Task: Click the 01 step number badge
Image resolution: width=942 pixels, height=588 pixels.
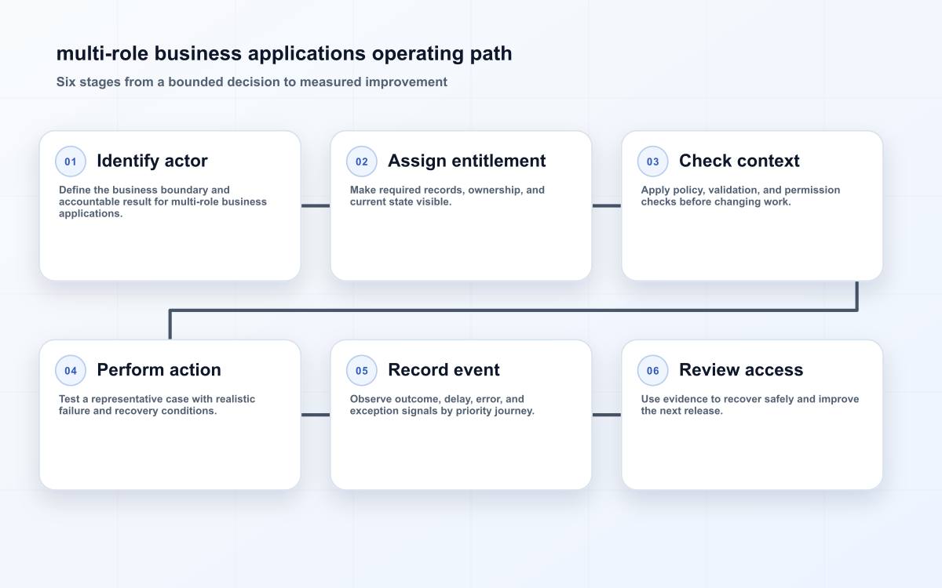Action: [x=71, y=162]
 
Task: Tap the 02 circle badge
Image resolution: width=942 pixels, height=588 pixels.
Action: [x=362, y=162]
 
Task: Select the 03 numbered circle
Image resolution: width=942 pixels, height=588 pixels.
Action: [x=652, y=162]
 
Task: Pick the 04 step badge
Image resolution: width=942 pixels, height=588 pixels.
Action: [x=71, y=370]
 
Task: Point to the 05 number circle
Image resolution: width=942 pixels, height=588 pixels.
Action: [x=362, y=370]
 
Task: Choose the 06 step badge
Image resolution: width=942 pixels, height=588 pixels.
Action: [x=652, y=370]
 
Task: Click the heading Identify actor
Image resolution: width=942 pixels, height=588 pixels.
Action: [x=152, y=161]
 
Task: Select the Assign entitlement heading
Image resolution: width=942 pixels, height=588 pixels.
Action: [x=467, y=161]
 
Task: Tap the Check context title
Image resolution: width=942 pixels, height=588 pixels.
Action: [x=739, y=161]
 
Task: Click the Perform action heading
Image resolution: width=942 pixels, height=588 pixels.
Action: [x=159, y=370]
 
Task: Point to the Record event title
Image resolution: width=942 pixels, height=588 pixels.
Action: [x=444, y=370]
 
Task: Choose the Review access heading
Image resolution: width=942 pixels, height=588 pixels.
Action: [x=741, y=370]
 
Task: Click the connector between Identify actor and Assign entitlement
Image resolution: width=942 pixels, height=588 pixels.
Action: [x=316, y=205]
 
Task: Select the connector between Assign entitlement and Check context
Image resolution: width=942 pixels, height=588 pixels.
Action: [x=606, y=205]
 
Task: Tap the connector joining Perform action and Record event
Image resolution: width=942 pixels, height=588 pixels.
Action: [x=316, y=415]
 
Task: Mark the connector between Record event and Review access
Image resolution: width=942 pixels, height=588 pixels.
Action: [x=606, y=415]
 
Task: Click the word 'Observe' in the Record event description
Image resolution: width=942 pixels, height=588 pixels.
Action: [x=369, y=398]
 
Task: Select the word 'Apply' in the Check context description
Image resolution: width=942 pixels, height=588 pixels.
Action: [x=655, y=191]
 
